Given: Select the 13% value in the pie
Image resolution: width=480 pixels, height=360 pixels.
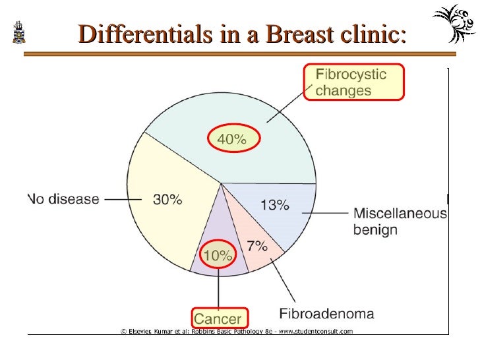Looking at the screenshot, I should [x=274, y=205].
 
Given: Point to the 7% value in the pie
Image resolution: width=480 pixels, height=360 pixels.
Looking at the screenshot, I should [x=256, y=247].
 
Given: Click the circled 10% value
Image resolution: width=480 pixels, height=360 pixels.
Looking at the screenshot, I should [x=218, y=255].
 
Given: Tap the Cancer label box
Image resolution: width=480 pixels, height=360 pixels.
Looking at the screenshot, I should [x=219, y=318].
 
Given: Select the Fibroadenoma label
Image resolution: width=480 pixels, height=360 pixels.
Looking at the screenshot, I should [x=326, y=314].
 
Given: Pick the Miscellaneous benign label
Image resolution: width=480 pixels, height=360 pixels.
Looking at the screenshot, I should [x=400, y=222].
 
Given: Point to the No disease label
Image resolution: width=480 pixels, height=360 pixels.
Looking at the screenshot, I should [x=64, y=198].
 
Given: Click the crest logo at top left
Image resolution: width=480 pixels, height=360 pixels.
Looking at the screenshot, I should [x=19, y=32].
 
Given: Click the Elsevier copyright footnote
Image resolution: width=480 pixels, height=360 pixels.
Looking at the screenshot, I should [x=236, y=331].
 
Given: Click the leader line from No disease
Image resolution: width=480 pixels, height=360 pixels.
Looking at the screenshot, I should [x=119, y=198].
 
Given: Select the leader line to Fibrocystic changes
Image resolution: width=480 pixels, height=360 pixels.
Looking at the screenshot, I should [x=287, y=108].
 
